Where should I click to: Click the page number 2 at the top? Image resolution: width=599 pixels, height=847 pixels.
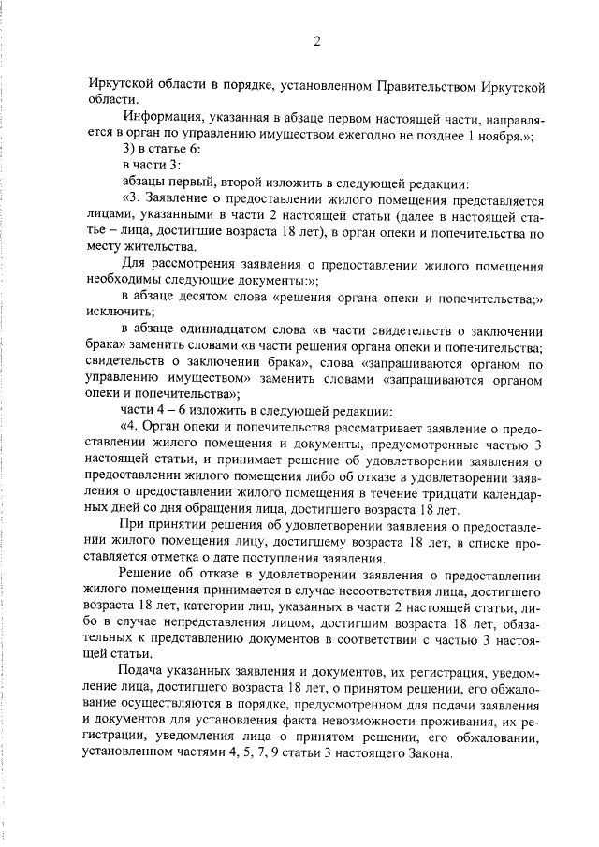[317, 40]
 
